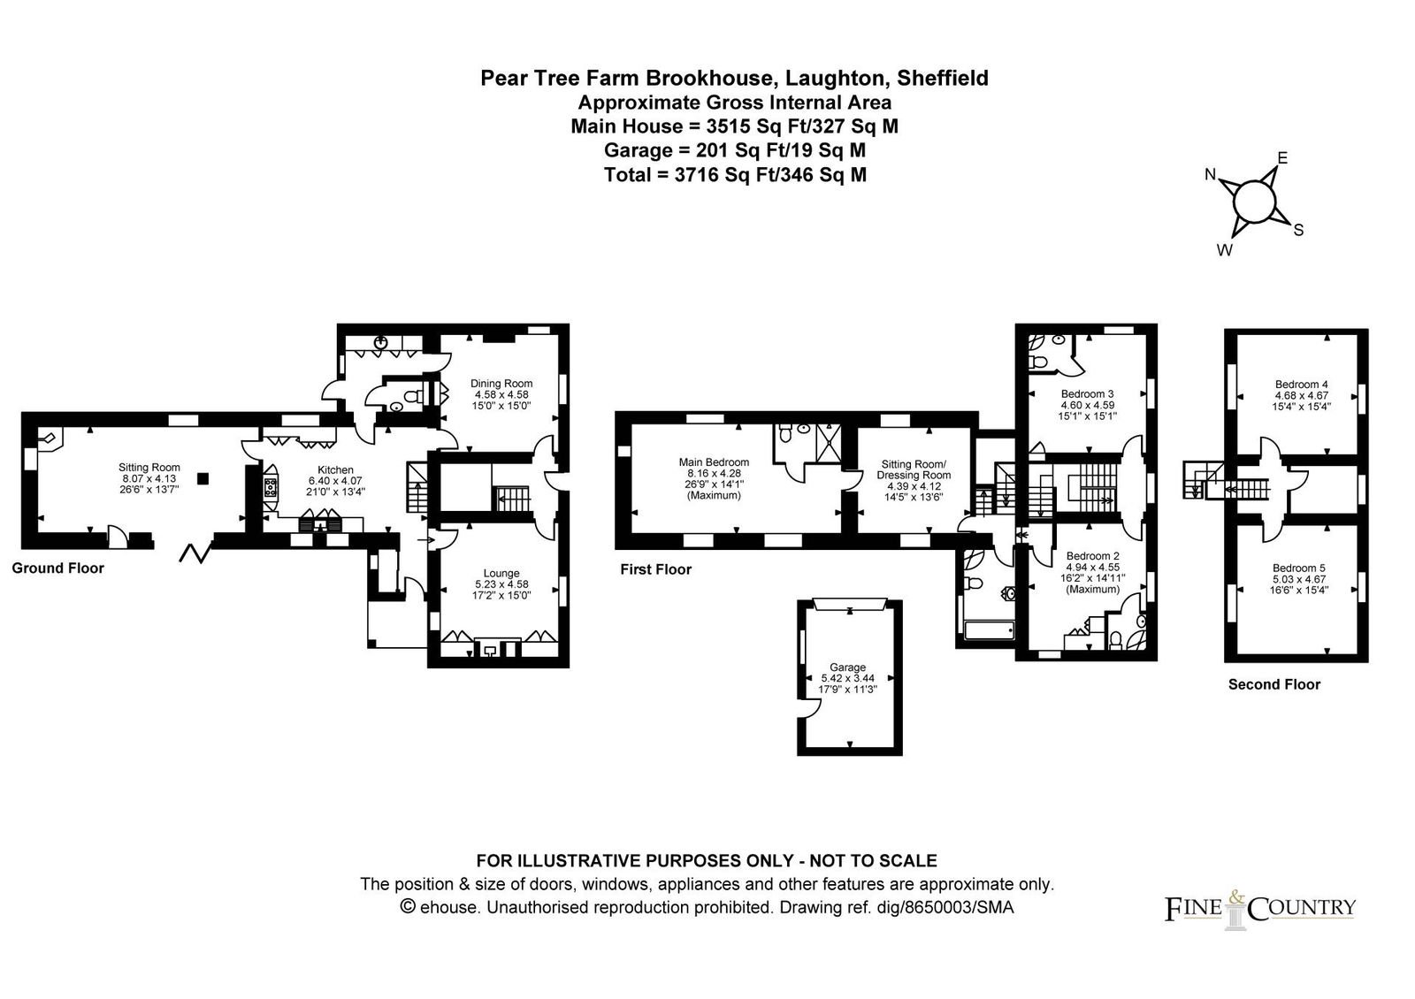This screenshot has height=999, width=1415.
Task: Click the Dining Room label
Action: pos(501,384)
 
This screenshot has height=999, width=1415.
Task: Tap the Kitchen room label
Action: pos(335,469)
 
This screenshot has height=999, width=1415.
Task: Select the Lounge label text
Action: pos(501,574)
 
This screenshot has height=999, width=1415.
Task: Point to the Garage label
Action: pos(848,667)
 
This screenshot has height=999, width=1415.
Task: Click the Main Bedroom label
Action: pos(714,462)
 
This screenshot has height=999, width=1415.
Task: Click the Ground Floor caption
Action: pos(58,568)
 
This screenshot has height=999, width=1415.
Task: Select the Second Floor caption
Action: pos(1274,684)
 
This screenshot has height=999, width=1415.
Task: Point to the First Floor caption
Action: pos(655,569)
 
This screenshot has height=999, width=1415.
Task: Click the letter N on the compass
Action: pos(1211,174)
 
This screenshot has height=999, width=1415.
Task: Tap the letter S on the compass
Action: pos(1299,230)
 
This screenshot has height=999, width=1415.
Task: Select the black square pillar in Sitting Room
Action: pos(203,478)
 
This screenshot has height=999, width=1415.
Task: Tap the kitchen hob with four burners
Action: pos(271,487)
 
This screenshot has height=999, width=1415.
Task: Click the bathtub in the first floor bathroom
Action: pos(990,629)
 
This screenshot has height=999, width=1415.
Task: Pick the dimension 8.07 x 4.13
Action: pos(149,478)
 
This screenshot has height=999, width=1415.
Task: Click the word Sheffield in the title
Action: pos(943,78)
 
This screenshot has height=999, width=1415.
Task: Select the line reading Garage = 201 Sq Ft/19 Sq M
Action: pos(735,150)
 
